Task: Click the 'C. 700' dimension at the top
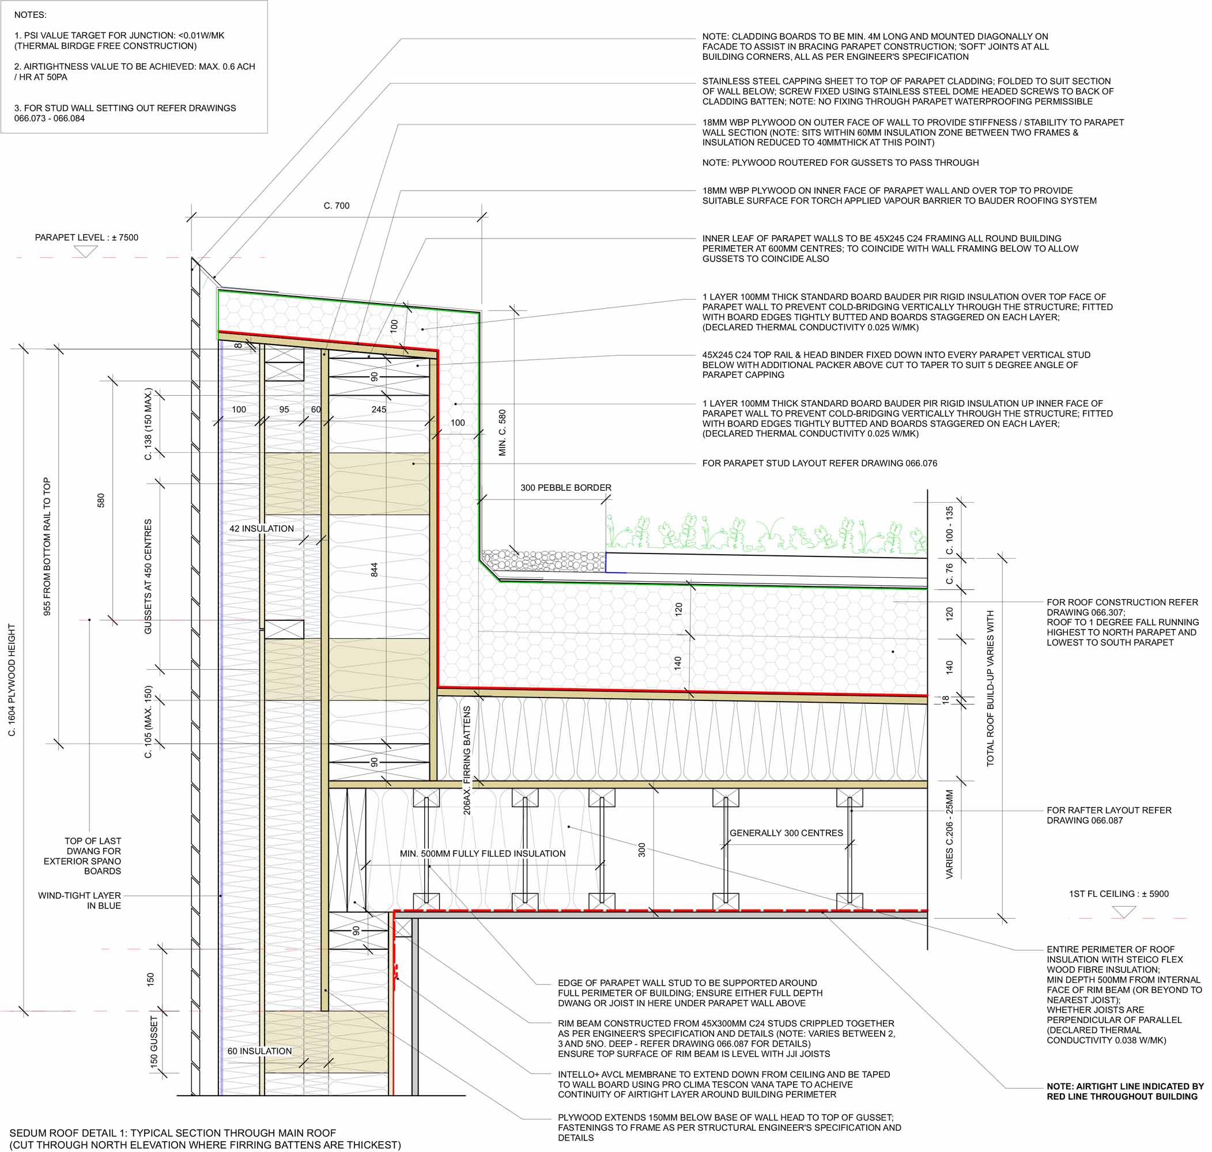pos(336,206)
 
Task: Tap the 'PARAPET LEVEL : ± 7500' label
pos(86,238)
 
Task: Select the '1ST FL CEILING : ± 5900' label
pos(1119,894)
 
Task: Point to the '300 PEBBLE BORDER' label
pos(566,487)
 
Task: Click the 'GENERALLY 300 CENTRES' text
pos(786,833)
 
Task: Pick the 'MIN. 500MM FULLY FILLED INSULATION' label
pos(482,854)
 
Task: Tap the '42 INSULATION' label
pos(262,528)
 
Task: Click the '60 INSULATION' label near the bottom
pos(260,1051)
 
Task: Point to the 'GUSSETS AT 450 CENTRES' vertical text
pos(148,577)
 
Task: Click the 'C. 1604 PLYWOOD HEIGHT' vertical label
pos(12,680)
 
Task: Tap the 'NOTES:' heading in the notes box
pos(30,15)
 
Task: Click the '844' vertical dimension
pos(374,569)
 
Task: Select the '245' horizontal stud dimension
pos(379,409)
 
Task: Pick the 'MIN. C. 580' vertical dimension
pos(503,433)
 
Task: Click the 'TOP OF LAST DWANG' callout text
pos(82,856)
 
